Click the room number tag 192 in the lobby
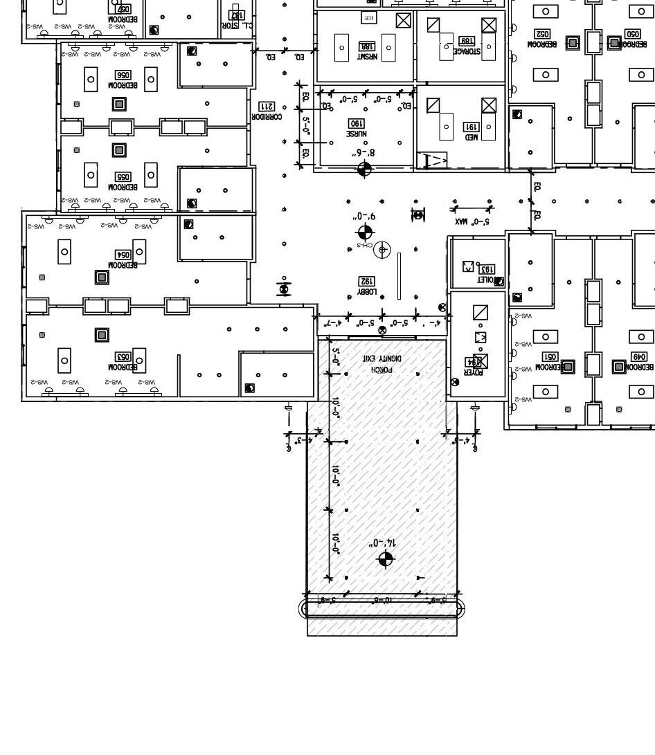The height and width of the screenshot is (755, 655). click(x=366, y=281)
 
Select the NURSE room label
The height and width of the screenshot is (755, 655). click(x=357, y=133)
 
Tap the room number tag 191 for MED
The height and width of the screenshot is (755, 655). click(x=471, y=127)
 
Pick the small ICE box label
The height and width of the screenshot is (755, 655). click(x=369, y=17)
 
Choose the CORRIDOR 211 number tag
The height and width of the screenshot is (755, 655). click(x=267, y=107)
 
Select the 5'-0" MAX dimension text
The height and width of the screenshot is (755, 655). click(x=472, y=222)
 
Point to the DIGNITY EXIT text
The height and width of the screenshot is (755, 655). click(x=382, y=358)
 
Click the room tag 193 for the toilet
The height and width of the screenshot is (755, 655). click(x=486, y=269)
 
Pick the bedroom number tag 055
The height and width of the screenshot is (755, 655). click(x=123, y=177)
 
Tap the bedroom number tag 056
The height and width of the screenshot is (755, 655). click(x=123, y=75)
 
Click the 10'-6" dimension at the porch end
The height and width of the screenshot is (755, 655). click(x=382, y=599)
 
